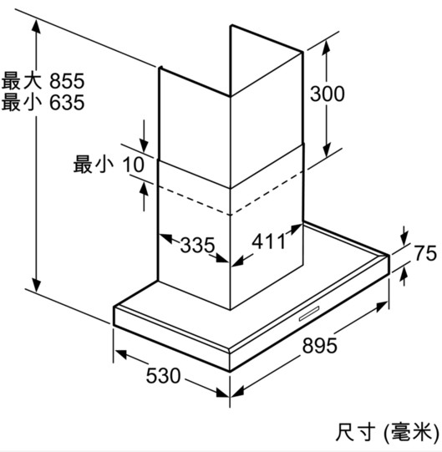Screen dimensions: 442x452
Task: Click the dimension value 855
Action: click(x=67, y=81)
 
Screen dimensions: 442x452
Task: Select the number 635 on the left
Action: click(x=67, y=102)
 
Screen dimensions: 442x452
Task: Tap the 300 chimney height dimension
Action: click(x=328, y=94)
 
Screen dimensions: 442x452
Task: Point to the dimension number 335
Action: click(x=198, y=245)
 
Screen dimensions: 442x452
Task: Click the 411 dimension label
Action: click(x=268, y=241)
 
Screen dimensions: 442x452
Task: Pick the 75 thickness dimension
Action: click(x=425, y=253)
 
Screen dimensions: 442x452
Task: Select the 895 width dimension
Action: click(x=319, y=345)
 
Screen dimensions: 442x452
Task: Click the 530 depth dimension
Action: click(x=164, y=376)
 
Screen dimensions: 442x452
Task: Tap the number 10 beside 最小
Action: click(x=133, y=165)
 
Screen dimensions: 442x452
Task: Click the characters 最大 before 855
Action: click(x=22, y=81)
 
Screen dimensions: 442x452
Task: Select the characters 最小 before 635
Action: click(x=22, y=102)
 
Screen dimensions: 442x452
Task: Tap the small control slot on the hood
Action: click(x=309, y=313)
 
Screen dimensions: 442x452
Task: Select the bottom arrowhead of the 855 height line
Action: click(x=36, y=285)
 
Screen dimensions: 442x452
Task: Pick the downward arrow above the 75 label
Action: click(x=404, y=236)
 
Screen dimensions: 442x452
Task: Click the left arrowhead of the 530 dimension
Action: click(x=121, y=354)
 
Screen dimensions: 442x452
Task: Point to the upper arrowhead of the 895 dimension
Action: click(x=382, y=306)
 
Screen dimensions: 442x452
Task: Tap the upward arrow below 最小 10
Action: click(x=144, y=197)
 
